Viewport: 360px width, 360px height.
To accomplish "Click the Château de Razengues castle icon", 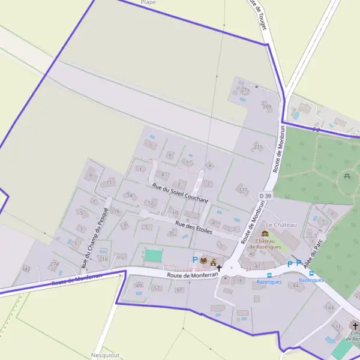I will point(265,234).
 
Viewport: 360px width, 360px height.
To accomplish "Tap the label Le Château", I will point(281,224).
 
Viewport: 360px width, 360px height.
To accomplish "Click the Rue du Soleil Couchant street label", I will point(180,193).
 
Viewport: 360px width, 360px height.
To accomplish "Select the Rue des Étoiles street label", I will point(194,227).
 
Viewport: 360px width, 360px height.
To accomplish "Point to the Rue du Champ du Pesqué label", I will point(95,238).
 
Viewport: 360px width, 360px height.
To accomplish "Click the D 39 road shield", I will point(266,196).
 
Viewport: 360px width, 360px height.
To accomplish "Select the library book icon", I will point(203,260).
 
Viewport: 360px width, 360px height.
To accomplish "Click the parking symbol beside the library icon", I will point(194,260).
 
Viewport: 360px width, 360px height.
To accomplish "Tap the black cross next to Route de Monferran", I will point(219,268).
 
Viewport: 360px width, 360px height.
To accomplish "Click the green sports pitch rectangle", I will point(153,256).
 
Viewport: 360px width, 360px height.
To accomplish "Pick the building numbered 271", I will point(244,90).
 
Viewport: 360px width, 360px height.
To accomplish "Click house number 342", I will point(26,268).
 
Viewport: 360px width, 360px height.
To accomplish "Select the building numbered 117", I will point(242,190).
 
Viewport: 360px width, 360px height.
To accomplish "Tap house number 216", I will point(103,259).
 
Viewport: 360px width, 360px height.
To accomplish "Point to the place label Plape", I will point(148,2).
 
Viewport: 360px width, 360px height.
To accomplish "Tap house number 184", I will point(329,307).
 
